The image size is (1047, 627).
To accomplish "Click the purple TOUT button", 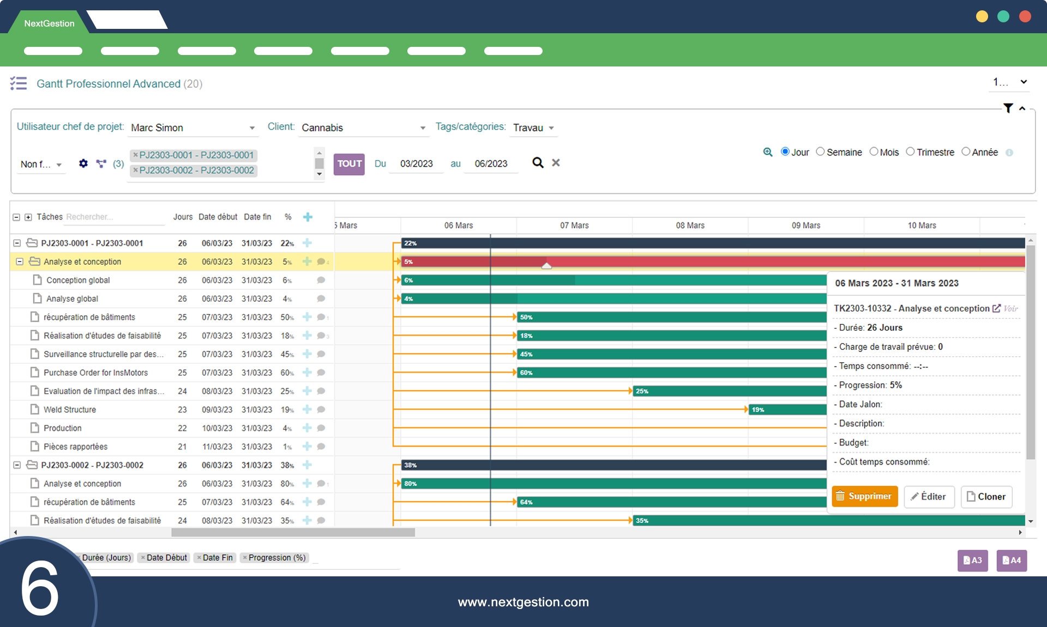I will [x=349, y=163].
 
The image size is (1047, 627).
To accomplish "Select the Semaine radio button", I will [x=821, y=152].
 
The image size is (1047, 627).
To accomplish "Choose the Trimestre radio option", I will [x=910, y=152].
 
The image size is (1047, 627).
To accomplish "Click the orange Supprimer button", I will [x=864, y=496].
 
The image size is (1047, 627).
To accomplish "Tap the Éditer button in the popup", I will [x=929, y=496].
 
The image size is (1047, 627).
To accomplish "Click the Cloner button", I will [x=986, y=496].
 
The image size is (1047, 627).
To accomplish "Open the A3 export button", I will [x=972, y=560].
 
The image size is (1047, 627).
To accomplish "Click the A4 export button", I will [x=1012, y=560].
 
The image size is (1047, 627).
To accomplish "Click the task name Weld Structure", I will [x=70, y=410].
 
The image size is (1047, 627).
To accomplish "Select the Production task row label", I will [x=63, y=428].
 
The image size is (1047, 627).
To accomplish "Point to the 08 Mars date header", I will [x=690, y=226].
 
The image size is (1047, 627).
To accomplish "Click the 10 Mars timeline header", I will [x=922, y=226].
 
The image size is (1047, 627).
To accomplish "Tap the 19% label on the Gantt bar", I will [x=758, y=410].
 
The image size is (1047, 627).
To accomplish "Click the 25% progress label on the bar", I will [x=642, y=391].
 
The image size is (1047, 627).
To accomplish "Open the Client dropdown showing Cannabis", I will [x=363, y=127].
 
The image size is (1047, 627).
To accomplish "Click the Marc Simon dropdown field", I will [x=192, y=127].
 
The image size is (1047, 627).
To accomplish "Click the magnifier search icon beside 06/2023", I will [x=538, y=163].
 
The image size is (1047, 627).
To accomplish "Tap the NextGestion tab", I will [x=49, y=23].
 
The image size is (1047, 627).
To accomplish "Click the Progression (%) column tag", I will [x=276, y=557].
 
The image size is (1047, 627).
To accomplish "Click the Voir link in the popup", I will [x=1010, y=308].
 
